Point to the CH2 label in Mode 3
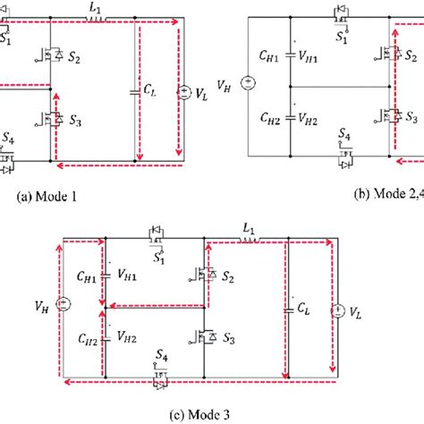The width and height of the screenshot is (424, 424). pos(88,338)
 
